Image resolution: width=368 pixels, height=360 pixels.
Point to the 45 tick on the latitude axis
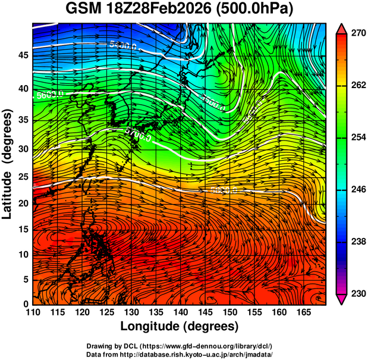click(23, 55)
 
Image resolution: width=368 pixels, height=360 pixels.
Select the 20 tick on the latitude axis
click(23, 204)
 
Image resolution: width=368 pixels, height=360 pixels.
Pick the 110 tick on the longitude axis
click(33, 312)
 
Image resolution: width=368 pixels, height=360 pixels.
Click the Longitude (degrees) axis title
click(180, 326)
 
